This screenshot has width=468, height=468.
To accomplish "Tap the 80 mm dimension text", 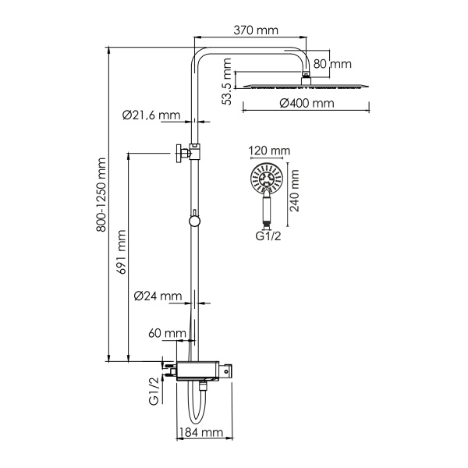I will click(334, 63).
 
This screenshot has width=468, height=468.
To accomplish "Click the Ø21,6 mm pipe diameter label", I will click(151, 115).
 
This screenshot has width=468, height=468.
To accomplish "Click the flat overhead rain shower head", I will click(305, 85).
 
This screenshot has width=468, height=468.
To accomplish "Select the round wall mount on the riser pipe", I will click(193, 221).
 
